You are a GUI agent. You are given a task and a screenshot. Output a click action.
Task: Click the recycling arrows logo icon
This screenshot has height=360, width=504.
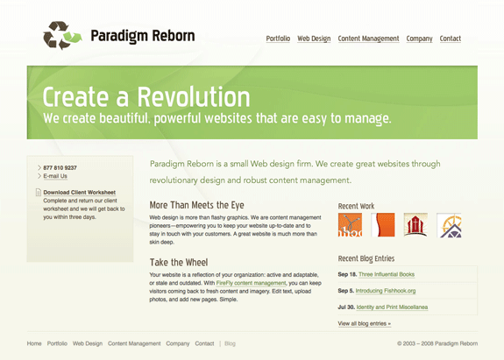pyautogui.click(x=62, y=36)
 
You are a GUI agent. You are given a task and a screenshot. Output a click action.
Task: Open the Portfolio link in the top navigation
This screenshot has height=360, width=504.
pyautogui.click(x=278, y=39)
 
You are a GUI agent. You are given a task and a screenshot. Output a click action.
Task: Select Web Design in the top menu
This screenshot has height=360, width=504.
pyautogui.click(x=314, y=39)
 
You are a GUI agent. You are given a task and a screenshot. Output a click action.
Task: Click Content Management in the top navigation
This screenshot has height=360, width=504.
pyautogui.click(x=368, y=39)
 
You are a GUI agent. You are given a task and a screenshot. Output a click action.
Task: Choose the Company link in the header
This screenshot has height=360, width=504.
pyautogui.click(x=419, y=39)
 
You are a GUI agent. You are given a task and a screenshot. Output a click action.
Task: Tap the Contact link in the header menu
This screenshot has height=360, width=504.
pyautogui.click(x=451, y=39)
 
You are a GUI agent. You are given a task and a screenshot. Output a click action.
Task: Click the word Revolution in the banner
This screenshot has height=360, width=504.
pyautogui.click(x=194, y=97)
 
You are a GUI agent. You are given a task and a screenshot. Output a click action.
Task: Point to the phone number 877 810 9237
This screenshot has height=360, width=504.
pyautogui.click(x=60, y=167)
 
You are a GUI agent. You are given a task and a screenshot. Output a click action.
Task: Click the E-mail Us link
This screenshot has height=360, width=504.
pyautogui.click(x=55, y=176)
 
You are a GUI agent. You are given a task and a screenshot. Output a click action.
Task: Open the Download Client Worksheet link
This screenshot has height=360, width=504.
pyautogui.click(x=80, y=193)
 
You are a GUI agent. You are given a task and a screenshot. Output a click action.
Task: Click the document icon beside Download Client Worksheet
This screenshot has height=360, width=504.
pyautogui.click(x=39, y=192)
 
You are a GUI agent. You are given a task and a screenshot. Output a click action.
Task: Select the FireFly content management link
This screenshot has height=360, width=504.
pyautogui.click(x=251, y=283)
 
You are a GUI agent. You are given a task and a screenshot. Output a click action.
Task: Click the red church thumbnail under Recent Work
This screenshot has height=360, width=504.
pyautogui.click(x=415, y=225)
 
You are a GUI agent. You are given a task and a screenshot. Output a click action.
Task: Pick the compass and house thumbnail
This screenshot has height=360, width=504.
pyautogui.click(x=449, y=225)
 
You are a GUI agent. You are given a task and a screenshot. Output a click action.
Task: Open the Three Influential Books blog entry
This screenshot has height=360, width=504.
pyautogui.click(x=387, y=274)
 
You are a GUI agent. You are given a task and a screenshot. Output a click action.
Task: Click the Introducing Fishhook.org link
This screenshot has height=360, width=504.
pyautogui.click(x=386, y=291)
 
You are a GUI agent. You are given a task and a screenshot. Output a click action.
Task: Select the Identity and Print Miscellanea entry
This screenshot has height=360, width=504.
pyautogui.click(x=392, y=307)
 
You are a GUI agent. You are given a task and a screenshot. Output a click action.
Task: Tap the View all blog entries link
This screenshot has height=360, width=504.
pyautogui.click(x=364, y=323)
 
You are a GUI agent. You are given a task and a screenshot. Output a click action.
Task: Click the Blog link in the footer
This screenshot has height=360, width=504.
pyautogui.click(x=230, y=343)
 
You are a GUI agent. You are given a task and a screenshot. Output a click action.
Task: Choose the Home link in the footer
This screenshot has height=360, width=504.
pyautogui.click(x=34, y=343)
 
